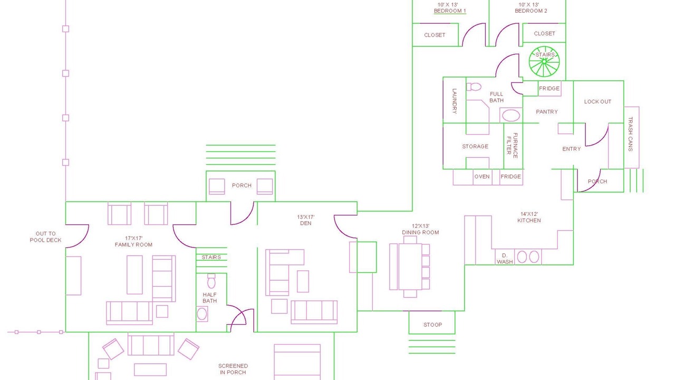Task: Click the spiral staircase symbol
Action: pyautogui.click(x=544, y=62)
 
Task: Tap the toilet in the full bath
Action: pyautogui.click(x=474, y=87)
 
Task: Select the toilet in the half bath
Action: pyautogui.click(x=211, y=281)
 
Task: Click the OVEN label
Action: pyautogui.click(x=482, y=176)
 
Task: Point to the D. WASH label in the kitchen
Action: pyautogui.click(x=505, y=259)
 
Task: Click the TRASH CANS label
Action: pyautogui.click(x=630, y=134)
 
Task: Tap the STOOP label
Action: pyautogui.click(x=433, y=325)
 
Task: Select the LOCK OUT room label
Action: pyautogui.click(x=597, y=102)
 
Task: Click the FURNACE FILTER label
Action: pyautogui.click(x=512, y=145)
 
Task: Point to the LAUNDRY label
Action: pyautogui.click(x=455, y=101)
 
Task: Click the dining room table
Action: pyautogui.click(x=410, y=267)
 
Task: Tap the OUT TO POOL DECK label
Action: pyautogui.click(x=45, y=237)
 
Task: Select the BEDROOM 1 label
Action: pyautogui.click(x=450, y=11)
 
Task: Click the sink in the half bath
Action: pyautogui.click(x=202, y=314)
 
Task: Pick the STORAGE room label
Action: pyautogui.click(x=475, y=147)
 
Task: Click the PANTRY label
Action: pyautogui.click(x=547, y=112)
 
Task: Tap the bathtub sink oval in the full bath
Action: pyautogui.click(x=511, y=116)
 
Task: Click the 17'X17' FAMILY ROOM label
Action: pyautogui.click(x=133, y=241)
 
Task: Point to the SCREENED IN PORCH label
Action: pyautogui.click(x=233, y=369)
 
